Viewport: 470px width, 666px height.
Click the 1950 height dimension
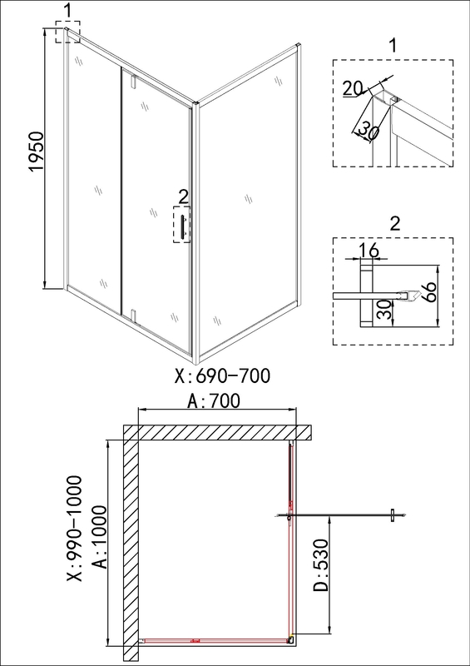(36, 152)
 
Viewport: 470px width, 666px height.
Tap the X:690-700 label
(222, 376)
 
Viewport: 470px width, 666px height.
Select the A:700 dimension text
(214, 401)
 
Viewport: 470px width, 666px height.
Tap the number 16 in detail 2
(368, 251)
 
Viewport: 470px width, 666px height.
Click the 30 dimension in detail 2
(383, 311)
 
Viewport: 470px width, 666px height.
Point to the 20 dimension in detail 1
(353, 88)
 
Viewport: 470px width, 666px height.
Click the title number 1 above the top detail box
(393, 46)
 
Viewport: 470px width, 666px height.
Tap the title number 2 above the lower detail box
(394, 223)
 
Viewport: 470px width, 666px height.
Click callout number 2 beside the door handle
(183, 196)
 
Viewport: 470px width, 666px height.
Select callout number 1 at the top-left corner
(68, 12)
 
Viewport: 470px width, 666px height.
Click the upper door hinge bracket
(134, 81)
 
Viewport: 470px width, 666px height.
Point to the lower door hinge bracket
(133, 316)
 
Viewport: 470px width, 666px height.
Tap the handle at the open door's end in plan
(393, 515)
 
